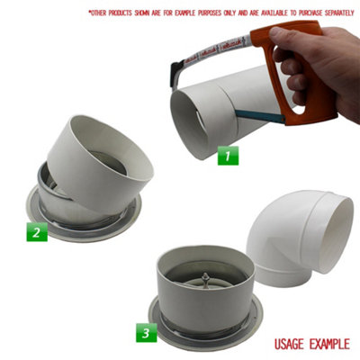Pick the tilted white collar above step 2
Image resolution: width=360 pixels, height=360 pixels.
pos(99,157)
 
